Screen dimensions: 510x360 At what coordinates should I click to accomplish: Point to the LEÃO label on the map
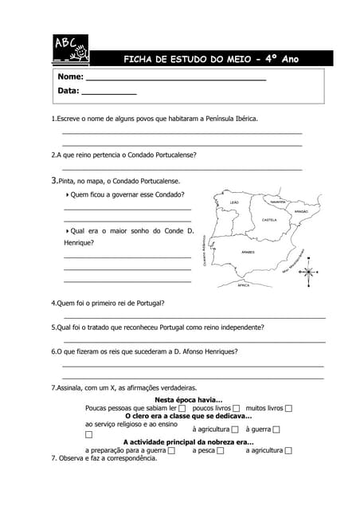[x=233, y=202]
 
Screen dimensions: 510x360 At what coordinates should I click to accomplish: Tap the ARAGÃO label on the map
[x=300, y=212]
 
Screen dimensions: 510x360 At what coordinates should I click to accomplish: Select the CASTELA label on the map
[x=268, y=220]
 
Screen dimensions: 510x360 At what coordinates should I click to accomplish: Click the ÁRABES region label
[x=247, y=252]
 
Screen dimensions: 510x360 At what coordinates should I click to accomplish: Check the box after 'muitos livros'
[x=288, y=408]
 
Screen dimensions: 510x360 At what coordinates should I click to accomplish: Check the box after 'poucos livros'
[x=237, y=408]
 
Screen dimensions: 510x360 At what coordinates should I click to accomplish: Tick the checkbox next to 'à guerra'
[x=277, y=430]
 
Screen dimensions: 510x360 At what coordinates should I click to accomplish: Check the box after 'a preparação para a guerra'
[x=172, y=451]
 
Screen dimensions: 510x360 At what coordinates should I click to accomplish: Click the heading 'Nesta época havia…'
[x=188, y=399]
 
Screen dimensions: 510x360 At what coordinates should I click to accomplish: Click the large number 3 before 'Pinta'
[x=53, y=181]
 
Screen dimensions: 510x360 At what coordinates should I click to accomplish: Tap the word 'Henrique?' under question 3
[x=79, y=242]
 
